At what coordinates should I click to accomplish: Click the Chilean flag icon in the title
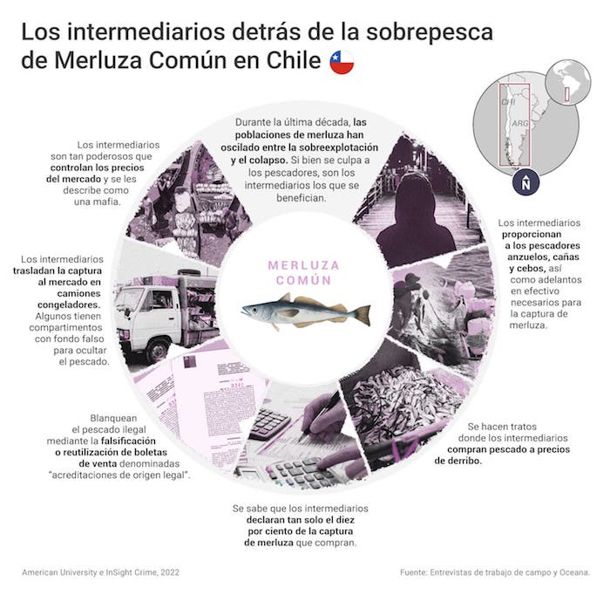pyautogui.click(x=342, y=62)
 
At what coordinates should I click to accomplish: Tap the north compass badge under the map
pyautogui.click(x=525, y=182)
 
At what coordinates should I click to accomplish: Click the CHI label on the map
pyautogui.click(x=508, y=102)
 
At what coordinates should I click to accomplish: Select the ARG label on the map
pyautogui.click(x=519, y=123)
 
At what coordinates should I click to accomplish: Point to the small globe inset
pyautogui.click(x=567, y=83)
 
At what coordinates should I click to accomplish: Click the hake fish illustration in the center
pyautogui.click(x=306, y=311)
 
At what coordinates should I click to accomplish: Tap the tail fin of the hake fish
pyautogui.click(x=363, y=315)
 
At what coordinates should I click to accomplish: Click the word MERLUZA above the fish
pyautogui.click(x=303, y=265)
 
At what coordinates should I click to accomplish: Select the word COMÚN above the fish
pyautogui.click(x=303, y=280)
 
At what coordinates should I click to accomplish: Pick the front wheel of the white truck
pyautogui.click(x=158, y=350)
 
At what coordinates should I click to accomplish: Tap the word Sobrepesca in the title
pyautogui.click(x=430, y=32)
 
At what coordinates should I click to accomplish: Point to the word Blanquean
pyautogui.click(x=113, y=418)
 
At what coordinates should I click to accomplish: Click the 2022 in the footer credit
pyautogui.click(x=170, y=572)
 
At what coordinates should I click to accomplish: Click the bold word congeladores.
pyautogui.click(x=69, y=304)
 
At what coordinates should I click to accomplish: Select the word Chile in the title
pyautogui.click(x=294, y=61)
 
